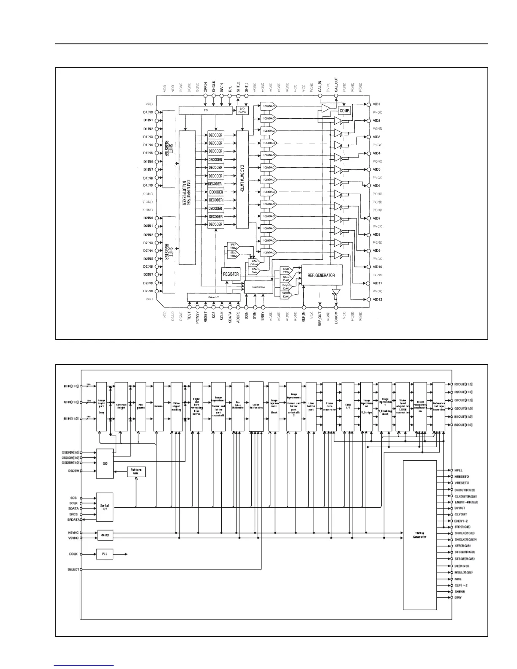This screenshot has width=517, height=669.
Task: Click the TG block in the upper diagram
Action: tap(206, 110)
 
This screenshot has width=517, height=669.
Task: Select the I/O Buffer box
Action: tap(242, 110)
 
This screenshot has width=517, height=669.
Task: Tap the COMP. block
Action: tap(345, 111)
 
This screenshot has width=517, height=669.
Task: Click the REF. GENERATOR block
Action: tap(321, 275)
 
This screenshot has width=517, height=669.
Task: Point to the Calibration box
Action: tap(258, 287)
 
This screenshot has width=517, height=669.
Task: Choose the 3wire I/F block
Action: tap(213, 297)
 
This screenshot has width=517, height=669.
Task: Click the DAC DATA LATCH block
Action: tap(242, 179)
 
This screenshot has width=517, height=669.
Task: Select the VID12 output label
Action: tap(377, 299)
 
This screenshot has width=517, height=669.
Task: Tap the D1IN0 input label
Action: tap(148, 112)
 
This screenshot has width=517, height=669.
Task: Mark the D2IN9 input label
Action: tap(148, 291)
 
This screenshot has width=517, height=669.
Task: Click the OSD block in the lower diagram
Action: tap(105, 463)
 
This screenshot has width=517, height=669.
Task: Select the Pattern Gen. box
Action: tap(136, 471)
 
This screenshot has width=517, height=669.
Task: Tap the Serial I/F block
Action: tap(105, 507)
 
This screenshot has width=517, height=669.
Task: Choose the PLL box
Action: tap(105, 554)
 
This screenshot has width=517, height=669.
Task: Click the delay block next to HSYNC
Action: tap(105, 535)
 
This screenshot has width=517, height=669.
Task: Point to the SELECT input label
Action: tap(73, 569)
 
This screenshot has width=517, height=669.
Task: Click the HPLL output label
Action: tap(459, 470)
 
